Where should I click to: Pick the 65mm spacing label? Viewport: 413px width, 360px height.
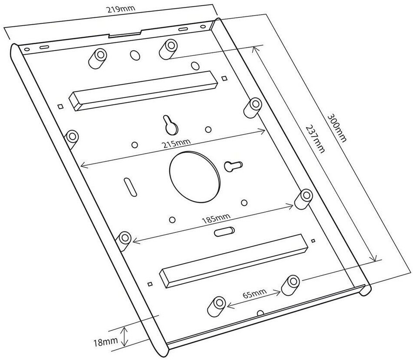[x=254, y=294]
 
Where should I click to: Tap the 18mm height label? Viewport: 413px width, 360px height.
[x=106, y=343]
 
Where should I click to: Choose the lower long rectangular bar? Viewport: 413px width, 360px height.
[x=234, y=261]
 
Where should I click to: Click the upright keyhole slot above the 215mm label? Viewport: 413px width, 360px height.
[x=170, y=125]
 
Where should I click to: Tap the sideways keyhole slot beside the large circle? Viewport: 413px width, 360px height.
[x=232, y=165]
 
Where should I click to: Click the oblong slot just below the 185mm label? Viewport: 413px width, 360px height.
[x=224, y=231]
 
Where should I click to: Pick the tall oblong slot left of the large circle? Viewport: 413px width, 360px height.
[x=129, y=187]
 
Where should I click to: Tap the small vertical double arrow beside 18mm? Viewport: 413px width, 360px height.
[x=125, y=337]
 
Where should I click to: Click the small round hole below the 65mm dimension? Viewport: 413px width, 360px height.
[x=260, y=312]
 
